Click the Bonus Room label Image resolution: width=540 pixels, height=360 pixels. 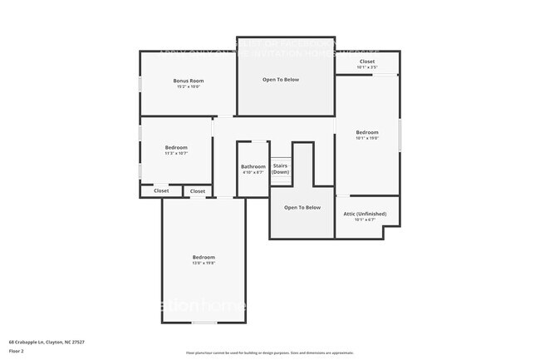(x=189, y=81)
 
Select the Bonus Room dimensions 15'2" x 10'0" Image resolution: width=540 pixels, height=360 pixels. (x=189, y=86)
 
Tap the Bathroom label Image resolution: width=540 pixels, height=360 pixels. (x=253, y=166)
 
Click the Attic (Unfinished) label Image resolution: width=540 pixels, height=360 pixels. (x=365, y=214)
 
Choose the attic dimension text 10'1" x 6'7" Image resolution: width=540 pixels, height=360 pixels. (x=365, y=220)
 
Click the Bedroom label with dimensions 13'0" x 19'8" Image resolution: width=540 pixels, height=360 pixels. (x=204, y=257)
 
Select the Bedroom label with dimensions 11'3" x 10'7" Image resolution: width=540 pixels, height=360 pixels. (x=176, y=147)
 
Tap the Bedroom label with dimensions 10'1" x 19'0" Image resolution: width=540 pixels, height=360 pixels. (x=367, y=132)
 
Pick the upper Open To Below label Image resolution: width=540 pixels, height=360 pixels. (x=281, y=80)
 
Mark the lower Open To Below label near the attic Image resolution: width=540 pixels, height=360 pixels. (x=302, y=207)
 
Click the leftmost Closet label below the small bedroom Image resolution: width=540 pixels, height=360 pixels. (x=161, y=191)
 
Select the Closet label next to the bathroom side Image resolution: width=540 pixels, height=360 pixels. (x=198, y=191)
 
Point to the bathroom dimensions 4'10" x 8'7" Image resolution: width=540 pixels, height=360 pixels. (x=253, y=172)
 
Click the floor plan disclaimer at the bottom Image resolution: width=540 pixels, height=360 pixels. (x=270, y=353)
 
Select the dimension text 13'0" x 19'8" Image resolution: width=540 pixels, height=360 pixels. (x=204, y=263)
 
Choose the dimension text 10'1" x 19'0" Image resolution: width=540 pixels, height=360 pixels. (x=367, y=138)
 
